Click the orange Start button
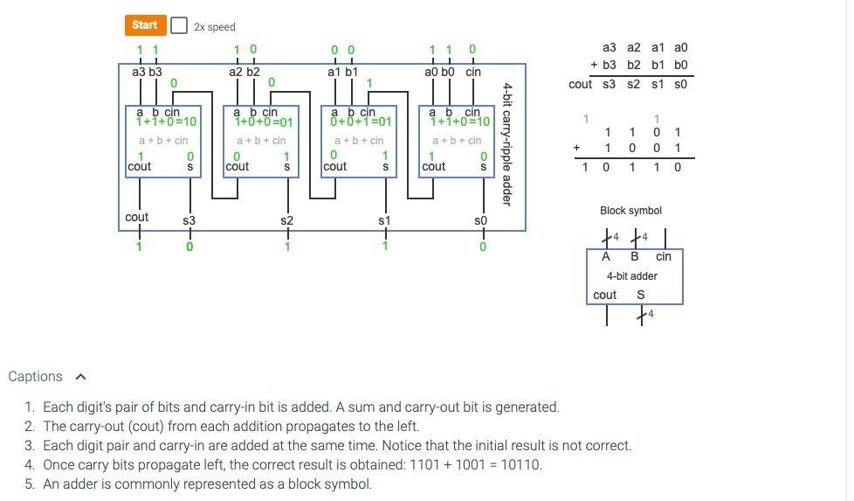pyautogui.click(x=144, y=25)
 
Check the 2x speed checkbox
pyautogui.click(x=179, y=25)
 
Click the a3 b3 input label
pyautogui.click(x=147, y=72)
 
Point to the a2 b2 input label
pyautogui.click(x=244, y=72)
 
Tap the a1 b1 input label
pyautogui.click(x=342, y=72)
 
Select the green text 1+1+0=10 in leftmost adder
pyautogui.click(x=166, y=122)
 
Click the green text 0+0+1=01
pyautogui.click(x=362, y=122)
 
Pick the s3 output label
pyautogui.click(x=189, y=221)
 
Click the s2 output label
pyautogui.click(x=286, y=221)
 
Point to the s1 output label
pyautogui.click(x=384, y=221)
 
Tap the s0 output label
pyautogui.click(x=480, y=221)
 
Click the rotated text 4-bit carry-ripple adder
pyautogui.click(x=507, y=144)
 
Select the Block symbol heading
pyautogui.click(x=630, y=211)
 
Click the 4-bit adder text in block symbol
pyautogui.click(x=632, y=276)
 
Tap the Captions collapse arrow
pyautogui.click(x=81, y=377)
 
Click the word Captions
pyautogui.click(x=35, y=377)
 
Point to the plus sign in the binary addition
pyautogui.click(x=576, y=149)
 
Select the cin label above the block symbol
pyautogui.click(x=664, y=256)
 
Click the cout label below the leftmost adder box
pyautogui.click(x=137, y=217)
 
